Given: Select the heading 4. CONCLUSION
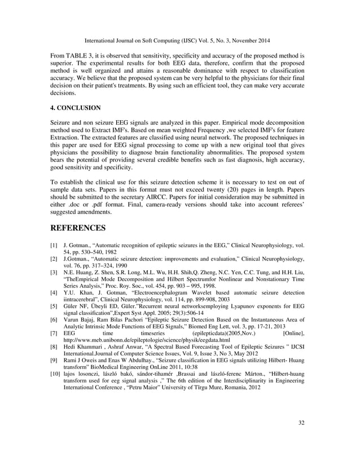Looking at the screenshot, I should click(76, 107).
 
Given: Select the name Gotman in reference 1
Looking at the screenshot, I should click(82, 247).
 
